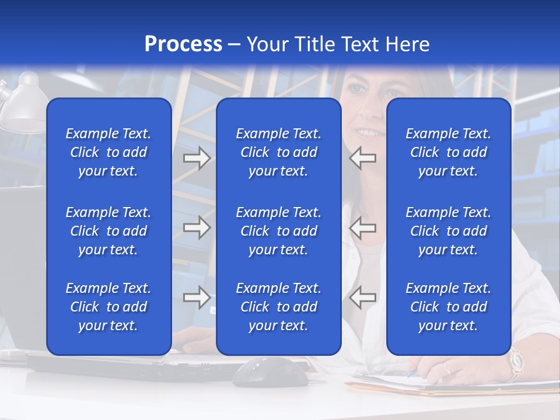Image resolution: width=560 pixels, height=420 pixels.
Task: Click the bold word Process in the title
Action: (x=183, y=44)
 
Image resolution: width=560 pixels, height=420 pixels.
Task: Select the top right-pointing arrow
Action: (x=197, y=158)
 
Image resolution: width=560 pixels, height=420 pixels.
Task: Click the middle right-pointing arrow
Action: (x=197, y=228)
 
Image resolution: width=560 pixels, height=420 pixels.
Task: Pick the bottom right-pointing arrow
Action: (x=197, y=297)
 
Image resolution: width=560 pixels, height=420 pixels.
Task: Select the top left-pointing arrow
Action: (x=363, y=158)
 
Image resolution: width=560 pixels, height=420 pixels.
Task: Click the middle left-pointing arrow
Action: (x=363, y=228)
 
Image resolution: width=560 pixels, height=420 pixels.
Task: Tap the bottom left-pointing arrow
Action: (x=363, y=297)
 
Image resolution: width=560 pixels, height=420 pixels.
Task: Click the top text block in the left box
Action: (x=108, y=152)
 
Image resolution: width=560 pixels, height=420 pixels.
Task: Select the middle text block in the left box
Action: (x=108, y=231)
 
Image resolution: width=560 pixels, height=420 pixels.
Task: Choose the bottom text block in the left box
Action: (x=108, y=307)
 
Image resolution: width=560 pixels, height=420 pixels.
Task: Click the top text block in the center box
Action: (x=278, y=152)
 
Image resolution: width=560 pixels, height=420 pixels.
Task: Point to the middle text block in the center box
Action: (x=278, y=231)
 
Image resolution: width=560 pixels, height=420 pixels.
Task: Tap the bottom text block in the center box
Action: (x=278, y=307)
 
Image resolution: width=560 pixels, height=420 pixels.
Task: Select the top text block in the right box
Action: (x=448, y=152)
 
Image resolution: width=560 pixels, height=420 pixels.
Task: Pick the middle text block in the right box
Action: (x=448, y=231)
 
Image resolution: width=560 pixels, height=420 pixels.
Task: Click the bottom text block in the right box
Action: (x=448, y=307)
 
